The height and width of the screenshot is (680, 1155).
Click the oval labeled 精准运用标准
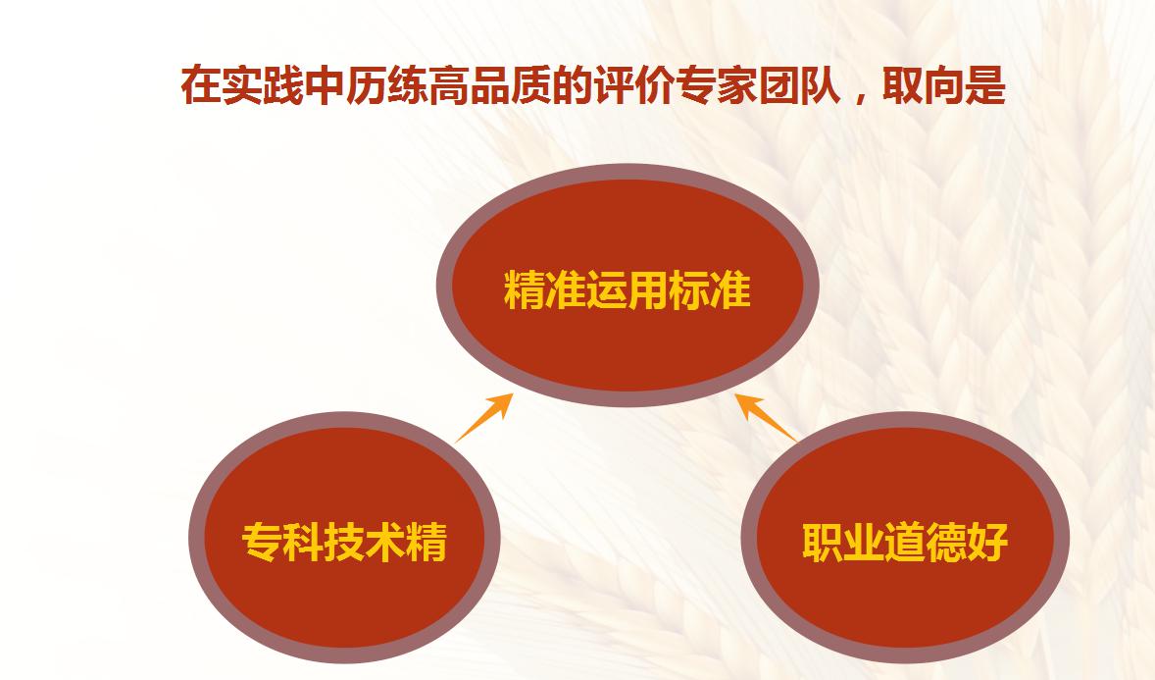click(x=628, y=285)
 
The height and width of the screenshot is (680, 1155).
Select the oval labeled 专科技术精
click(x=345, y=537)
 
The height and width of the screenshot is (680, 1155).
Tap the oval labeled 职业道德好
click(x=905, y=537)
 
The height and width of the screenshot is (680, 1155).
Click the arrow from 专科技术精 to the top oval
click(x=484, y=417)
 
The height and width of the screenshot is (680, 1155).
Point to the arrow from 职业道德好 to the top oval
click(x=766, y=417)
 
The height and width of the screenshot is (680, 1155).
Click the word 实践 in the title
click(x=263, y=85)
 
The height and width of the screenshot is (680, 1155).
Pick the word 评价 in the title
click(x=633, y=85)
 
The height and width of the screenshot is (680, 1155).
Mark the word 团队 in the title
click(x=798, y=85)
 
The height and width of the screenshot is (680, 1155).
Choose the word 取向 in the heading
click(x=923, y=85)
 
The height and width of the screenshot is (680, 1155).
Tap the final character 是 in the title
click(x=985, y=85)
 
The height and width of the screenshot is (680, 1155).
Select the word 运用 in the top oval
click(x=628, y=289)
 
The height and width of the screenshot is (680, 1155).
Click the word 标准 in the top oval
click(x=710, y=289)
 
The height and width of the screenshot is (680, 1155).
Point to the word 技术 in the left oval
click(x=366, y=542)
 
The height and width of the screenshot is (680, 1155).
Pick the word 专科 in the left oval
click(x=282, y=542)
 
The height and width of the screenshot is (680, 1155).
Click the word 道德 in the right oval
click(x=926, y=542)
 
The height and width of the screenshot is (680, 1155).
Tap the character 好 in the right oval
click(x=987, y=542)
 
